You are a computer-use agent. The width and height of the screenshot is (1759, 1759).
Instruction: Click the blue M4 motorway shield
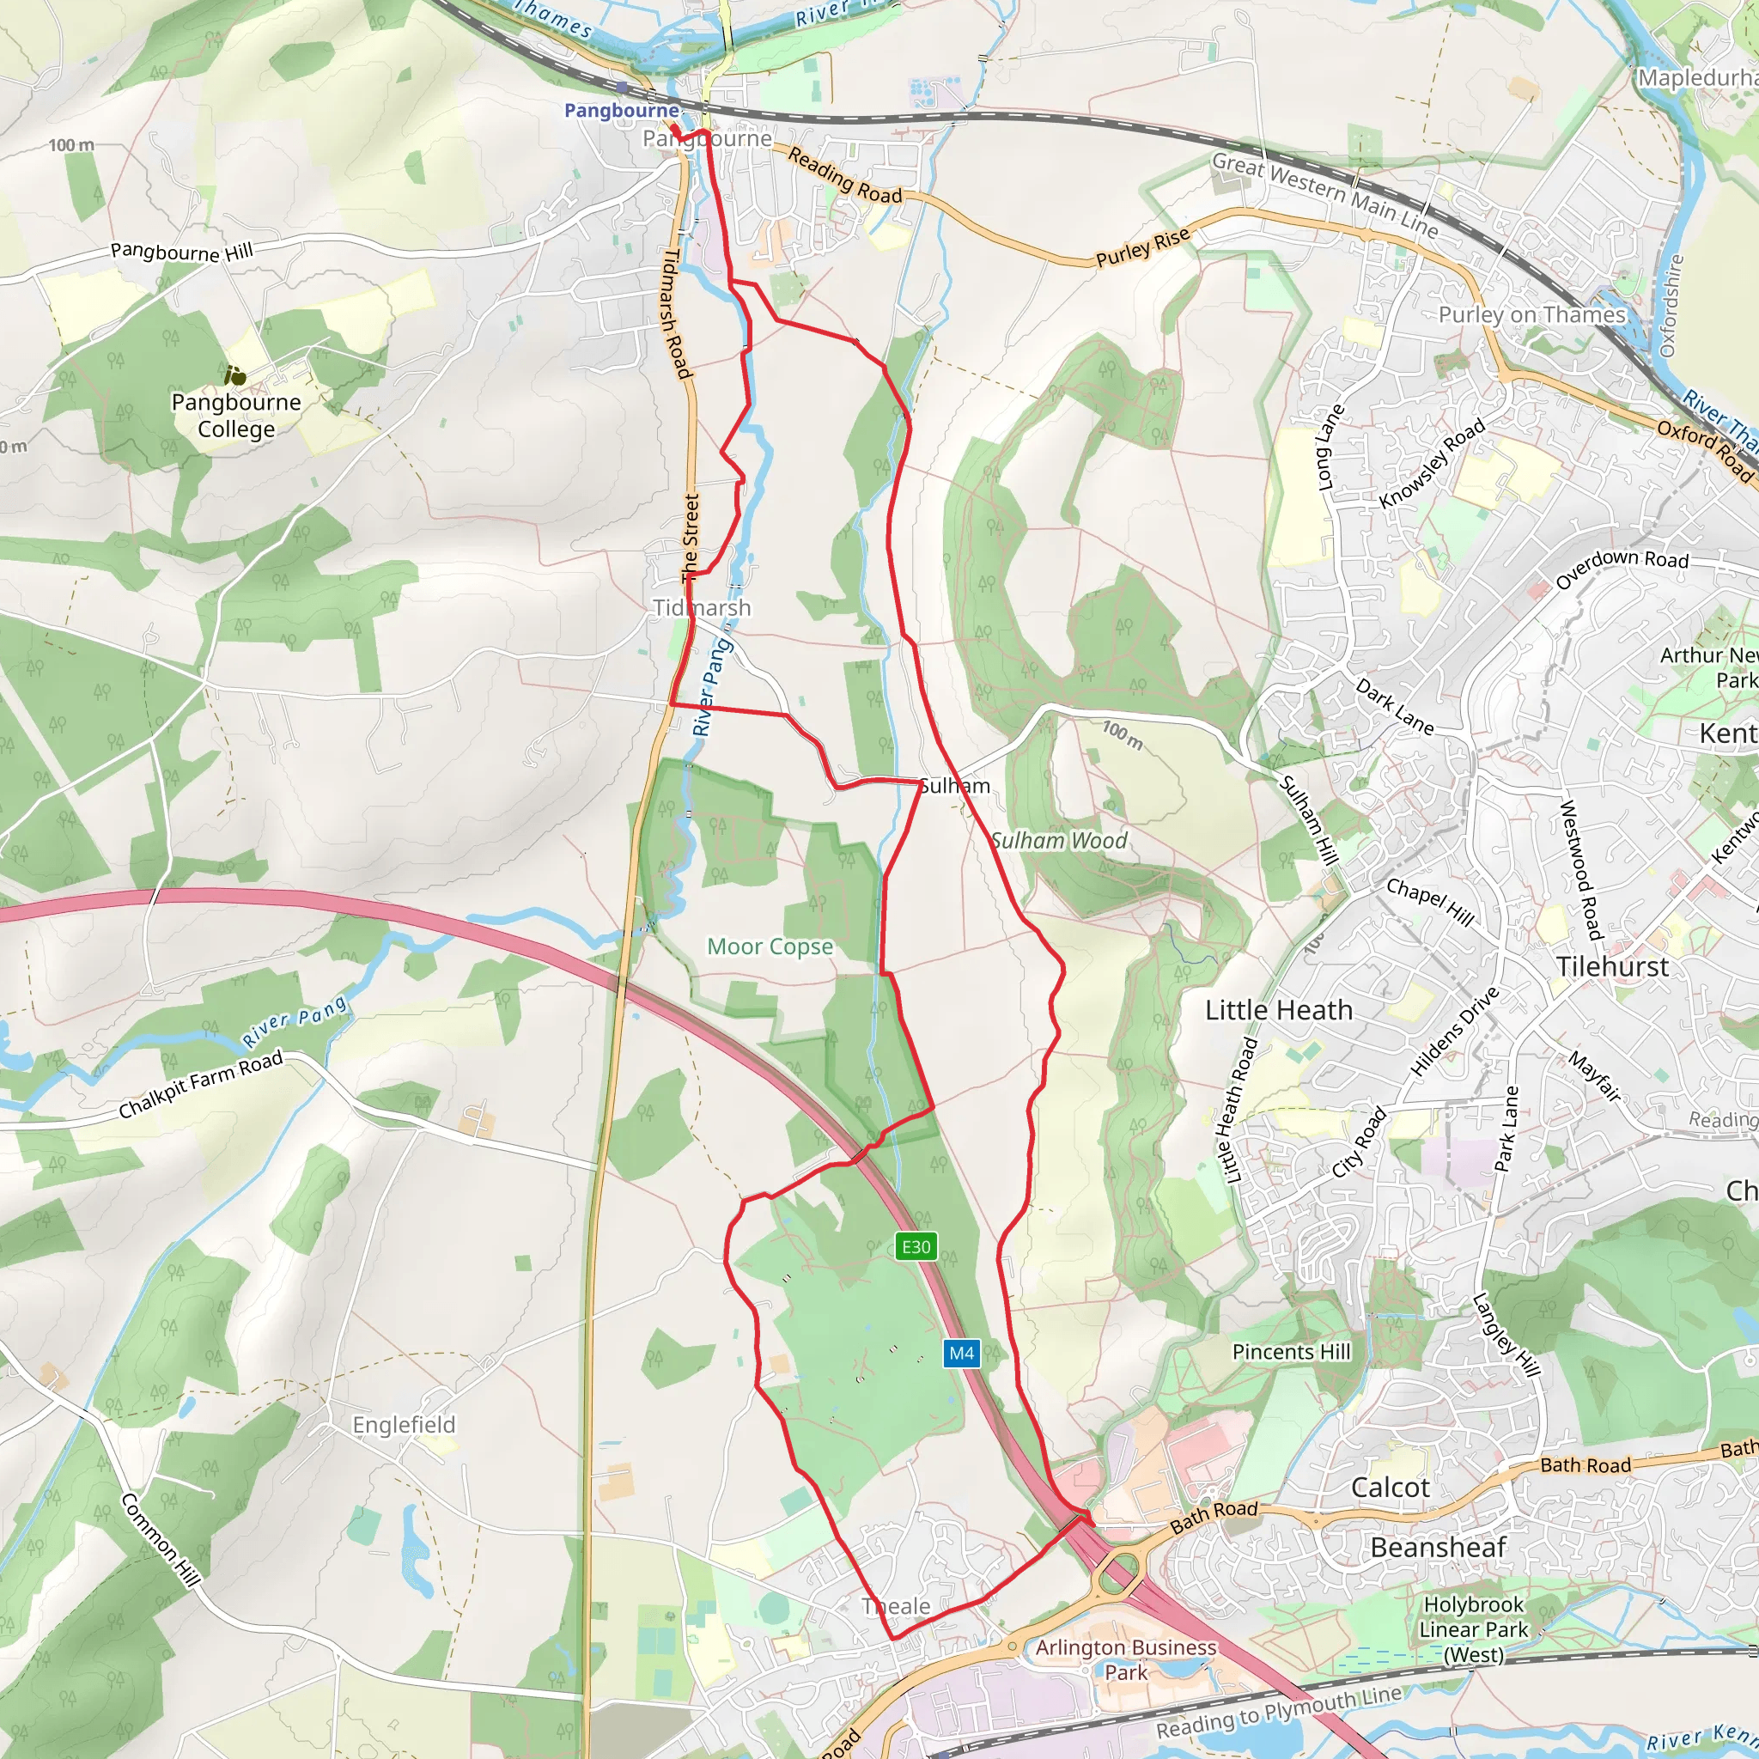[961, 1353]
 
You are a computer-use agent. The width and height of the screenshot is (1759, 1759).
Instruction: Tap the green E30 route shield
[916, 1246]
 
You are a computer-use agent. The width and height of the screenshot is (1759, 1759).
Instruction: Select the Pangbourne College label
[236, 415]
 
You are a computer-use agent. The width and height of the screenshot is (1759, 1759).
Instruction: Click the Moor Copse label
[770, 946]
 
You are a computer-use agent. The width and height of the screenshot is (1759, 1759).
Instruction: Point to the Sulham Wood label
[1059, 840]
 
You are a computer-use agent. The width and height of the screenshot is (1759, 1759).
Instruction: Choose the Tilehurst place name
[1612, 966]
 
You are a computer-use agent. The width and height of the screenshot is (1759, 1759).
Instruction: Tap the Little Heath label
[1278, 1010]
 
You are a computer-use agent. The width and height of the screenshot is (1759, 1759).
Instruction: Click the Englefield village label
[404, 1425]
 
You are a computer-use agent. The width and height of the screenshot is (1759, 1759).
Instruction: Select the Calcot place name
[1391, 1488]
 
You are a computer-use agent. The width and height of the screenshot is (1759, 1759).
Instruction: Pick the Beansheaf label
[1439, 1547]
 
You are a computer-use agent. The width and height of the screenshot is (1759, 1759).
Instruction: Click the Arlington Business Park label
[1125, 1659]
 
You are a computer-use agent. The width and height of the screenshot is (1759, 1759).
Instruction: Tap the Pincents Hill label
[1291, 1352]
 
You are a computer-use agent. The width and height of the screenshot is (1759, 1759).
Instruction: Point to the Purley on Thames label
[1531, 315]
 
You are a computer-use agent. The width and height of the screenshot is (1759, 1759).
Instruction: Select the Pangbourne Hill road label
[182, 252]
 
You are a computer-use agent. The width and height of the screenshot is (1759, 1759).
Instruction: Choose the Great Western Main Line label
[1324, 195]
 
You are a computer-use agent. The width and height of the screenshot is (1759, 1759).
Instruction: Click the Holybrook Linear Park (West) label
[1474, 1628]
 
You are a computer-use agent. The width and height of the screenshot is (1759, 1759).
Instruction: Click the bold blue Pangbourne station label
[622, 111]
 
